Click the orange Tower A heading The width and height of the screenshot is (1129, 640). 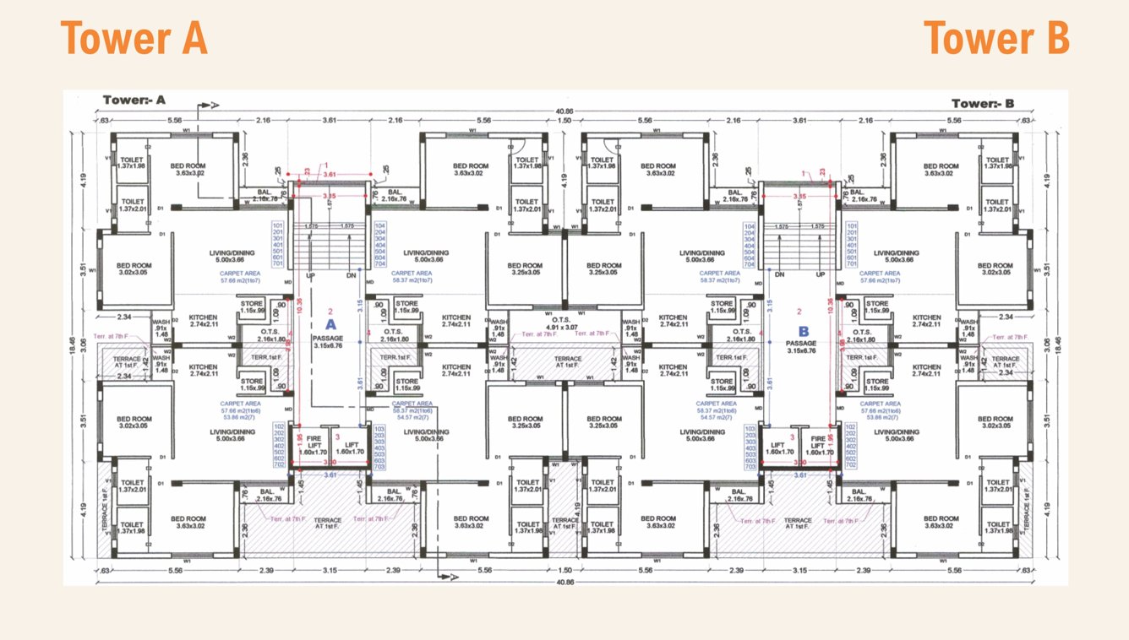tap(134, 39)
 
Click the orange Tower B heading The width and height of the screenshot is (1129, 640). tap(996, 39)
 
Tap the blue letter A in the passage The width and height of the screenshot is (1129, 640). tap(330, 323)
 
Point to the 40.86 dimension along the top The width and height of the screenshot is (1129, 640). tap(564, 111)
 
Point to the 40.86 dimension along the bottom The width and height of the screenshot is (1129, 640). tap(564, 582)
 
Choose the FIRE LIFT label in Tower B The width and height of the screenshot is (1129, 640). tap(818, 445)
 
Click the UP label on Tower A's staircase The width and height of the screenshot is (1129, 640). tap(311, 276)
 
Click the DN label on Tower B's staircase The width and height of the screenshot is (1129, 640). tap(782, 276)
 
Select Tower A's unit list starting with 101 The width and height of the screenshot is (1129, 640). tap(277, 245)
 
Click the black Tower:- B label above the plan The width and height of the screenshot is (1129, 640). tap(982, 104)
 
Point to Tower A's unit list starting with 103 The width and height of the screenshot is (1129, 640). tap(379, 447)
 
